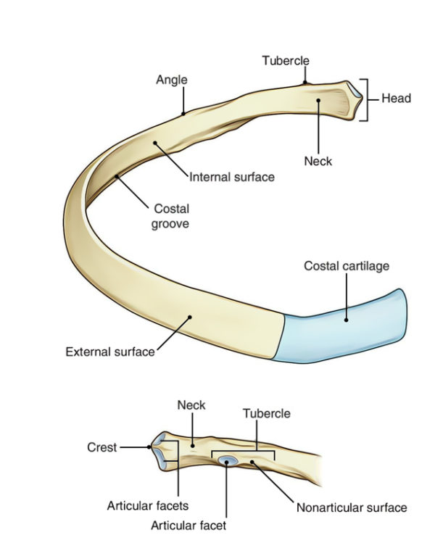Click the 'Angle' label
coord(171,80)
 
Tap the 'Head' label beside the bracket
coord(396,98)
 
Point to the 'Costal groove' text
coord(171,216)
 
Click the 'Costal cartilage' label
coord(347,266)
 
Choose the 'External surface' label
coord(110,352)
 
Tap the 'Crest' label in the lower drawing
coord(101,448)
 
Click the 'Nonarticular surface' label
coord(352,507)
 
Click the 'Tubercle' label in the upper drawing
coord(286,60)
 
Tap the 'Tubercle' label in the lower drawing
coord(266,413)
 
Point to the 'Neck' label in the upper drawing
coord(318,161)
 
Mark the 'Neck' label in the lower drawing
coord(191,406)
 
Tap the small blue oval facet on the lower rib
coord(228,460)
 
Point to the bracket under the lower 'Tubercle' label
coord(243,453)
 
